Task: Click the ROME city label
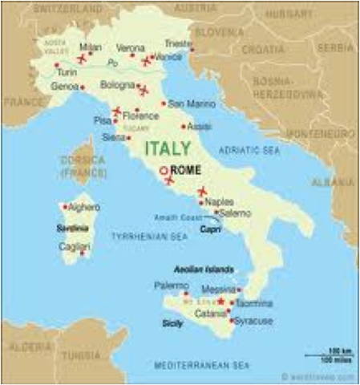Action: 187,170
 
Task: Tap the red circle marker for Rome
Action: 164,170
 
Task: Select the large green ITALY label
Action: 168,148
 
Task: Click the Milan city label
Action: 91,48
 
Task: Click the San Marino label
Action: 187,103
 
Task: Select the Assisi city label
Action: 200,126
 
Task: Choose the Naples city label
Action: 213,202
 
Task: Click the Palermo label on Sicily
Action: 170,285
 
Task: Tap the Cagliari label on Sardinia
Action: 73,248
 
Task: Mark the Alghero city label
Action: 86,207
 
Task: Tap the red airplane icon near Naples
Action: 202,191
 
